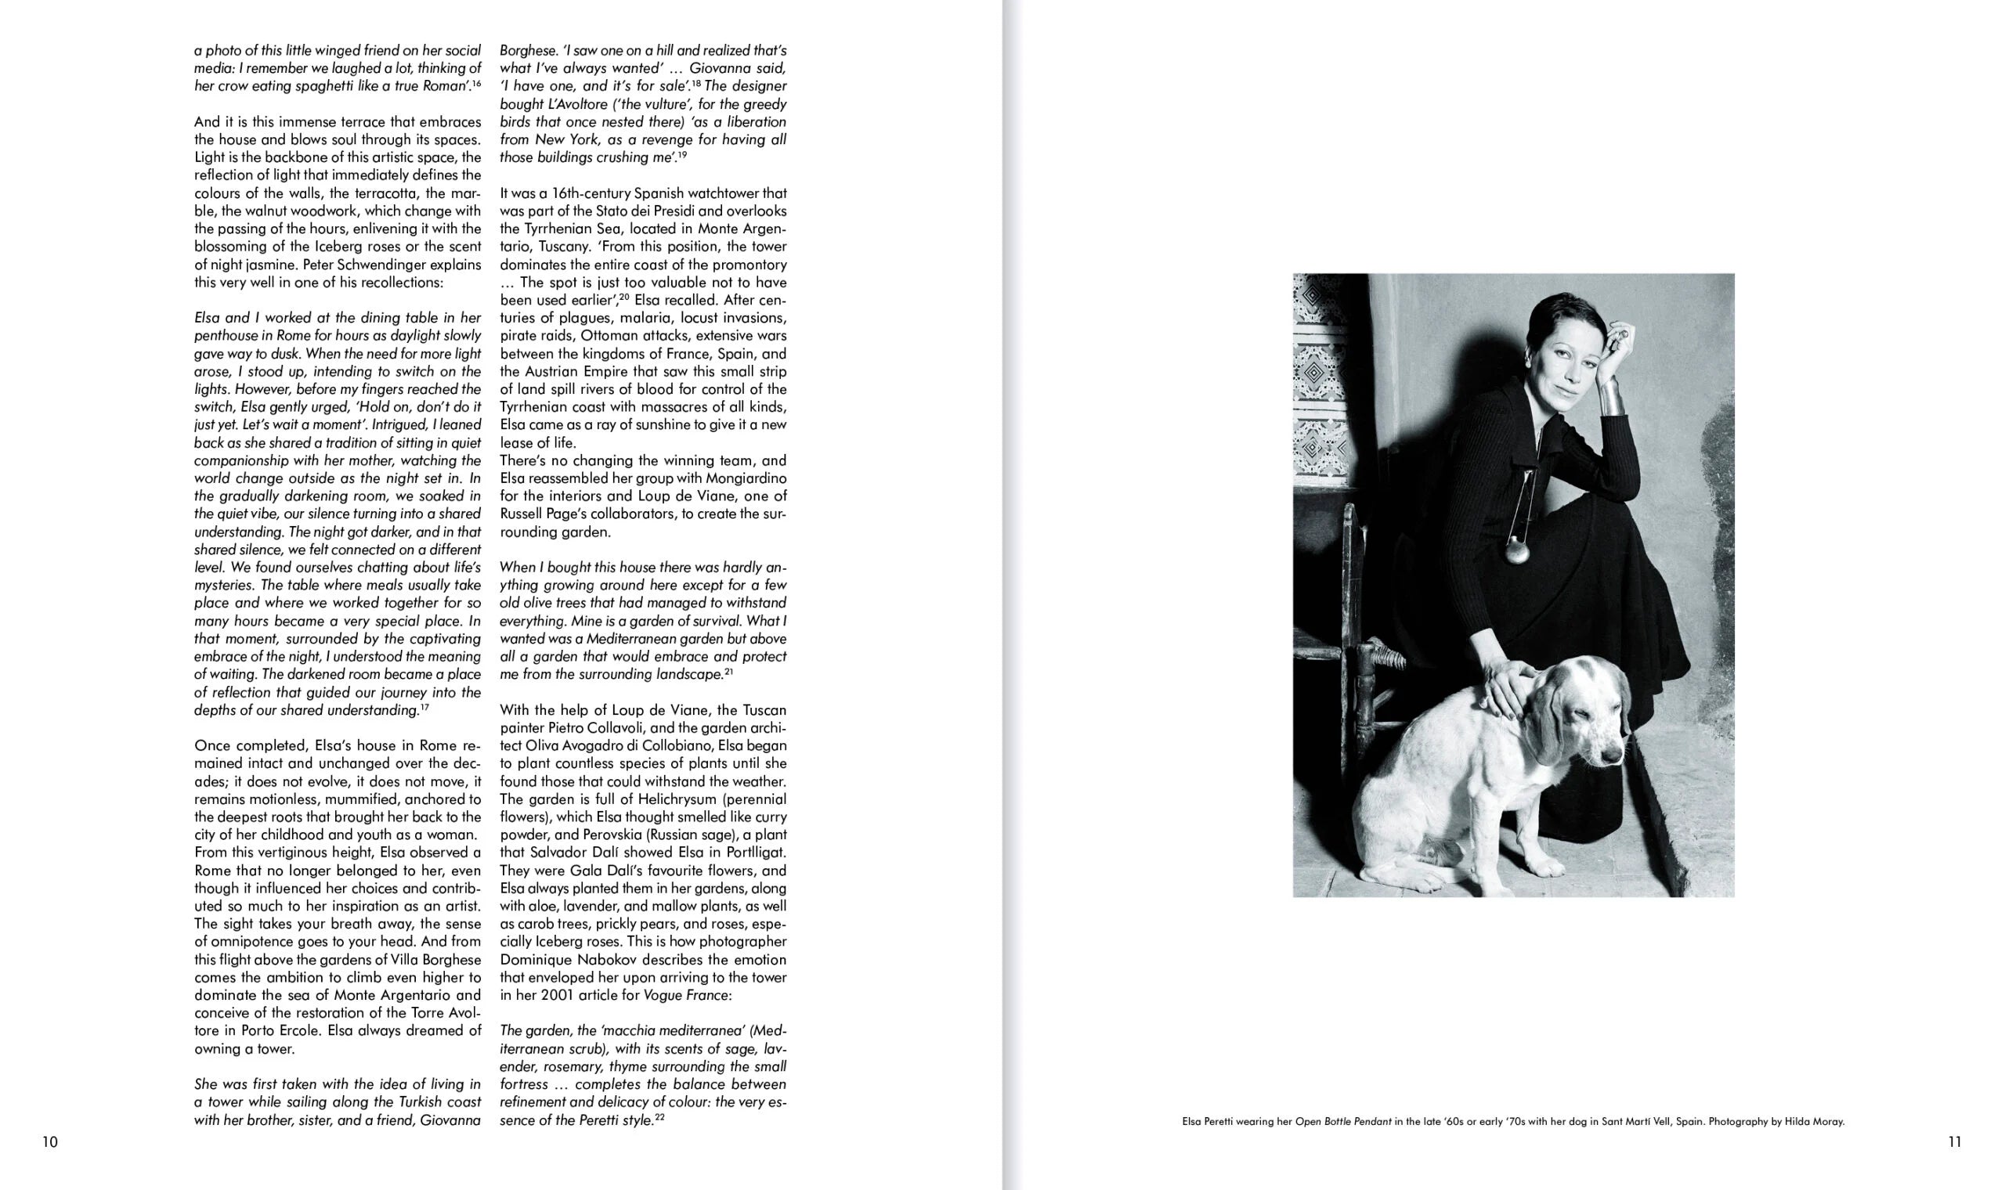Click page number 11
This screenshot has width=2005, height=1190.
pyautogui.click(x=1954, y=1142)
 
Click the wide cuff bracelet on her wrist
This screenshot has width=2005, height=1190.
pyautogui.click(x=1613, y=395)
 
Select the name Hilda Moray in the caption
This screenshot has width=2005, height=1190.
pyautogui.click(x=1815, y=1122)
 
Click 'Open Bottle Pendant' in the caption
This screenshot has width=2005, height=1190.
pyautogui.click(x=1343, y=1122)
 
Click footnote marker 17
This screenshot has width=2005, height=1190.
pyautogui.click(x=425, y=707)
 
